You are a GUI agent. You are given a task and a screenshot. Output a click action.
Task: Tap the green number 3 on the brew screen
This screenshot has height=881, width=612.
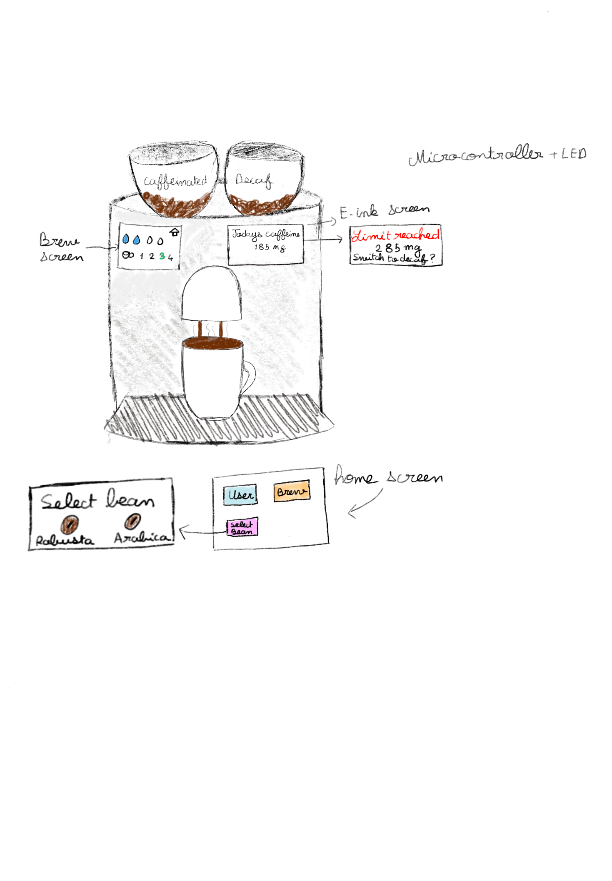[162, 256]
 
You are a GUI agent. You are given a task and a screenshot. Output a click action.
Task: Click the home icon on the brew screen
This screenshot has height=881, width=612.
[175, 232]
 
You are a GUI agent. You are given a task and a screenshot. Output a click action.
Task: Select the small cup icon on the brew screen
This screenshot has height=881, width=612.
[128, 255]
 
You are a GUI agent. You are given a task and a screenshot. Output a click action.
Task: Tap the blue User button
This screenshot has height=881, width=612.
[240, 495]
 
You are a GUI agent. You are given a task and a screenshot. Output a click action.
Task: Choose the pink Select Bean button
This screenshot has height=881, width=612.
[242, 527]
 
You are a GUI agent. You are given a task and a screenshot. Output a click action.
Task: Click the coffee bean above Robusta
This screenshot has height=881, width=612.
[70, 524]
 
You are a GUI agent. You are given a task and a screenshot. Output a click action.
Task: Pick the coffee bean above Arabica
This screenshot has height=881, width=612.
[133, 521]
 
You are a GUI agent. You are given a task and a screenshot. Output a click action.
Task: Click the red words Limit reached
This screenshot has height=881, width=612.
[395, 235]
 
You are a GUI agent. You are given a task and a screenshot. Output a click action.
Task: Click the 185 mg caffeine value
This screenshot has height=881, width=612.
[270, 247]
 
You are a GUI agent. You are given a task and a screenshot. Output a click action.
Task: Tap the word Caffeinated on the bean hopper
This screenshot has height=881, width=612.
[175, 181]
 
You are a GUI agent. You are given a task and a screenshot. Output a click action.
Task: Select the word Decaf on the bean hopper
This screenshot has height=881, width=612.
[254, 180]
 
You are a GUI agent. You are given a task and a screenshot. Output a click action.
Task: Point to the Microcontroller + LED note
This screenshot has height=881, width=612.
[497, 155]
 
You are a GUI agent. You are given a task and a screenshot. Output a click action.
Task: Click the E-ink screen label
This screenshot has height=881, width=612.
[384, 211]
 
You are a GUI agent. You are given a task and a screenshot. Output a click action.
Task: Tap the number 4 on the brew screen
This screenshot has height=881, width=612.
[170, 257]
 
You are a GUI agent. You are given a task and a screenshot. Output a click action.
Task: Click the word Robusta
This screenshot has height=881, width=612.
[65, 541]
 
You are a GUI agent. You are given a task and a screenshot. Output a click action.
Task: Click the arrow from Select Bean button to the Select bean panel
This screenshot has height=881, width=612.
[202, 532]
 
